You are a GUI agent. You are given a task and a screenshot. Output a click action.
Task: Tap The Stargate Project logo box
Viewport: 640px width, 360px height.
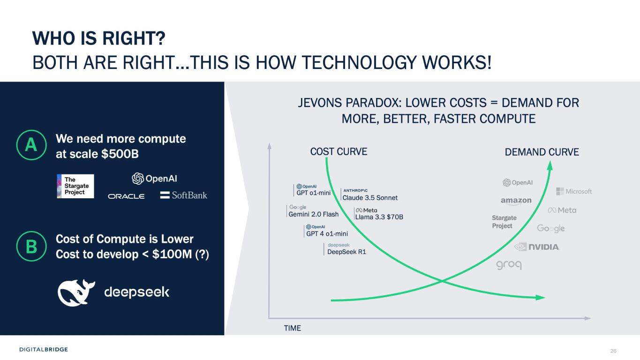(x=75, y=186)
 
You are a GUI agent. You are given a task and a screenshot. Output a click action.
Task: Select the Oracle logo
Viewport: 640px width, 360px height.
(x=126, y=196)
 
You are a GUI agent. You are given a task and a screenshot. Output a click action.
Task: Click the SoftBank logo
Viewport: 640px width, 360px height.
(x=183, y=195)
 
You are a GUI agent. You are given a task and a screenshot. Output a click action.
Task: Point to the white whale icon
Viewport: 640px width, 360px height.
(x=76, y=292)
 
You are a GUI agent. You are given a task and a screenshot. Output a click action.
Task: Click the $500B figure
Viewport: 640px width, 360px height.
(x=120, y=154)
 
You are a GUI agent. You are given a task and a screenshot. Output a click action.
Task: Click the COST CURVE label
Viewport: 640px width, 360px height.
(x=339, y=151)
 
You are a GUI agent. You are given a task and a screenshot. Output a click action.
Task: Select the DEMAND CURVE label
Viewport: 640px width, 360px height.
(x=542, y=152)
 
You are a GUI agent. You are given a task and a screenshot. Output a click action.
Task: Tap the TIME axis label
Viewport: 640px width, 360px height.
(x=292, y=328)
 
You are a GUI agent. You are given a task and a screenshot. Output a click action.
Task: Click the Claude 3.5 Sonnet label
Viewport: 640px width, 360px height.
(x=370, y=198)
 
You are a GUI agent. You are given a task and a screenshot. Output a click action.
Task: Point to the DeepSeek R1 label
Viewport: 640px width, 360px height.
(x=346, y=252)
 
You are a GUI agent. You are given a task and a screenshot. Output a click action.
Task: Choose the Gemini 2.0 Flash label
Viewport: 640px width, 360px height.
(x=313, y=214)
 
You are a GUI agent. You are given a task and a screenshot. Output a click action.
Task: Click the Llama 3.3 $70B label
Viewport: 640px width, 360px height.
(x=379, y=217)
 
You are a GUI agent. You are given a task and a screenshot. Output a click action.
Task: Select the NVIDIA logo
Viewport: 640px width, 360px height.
(x=537, y=247)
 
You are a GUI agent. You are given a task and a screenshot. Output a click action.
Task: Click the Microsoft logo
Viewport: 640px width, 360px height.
(x=574, y=191)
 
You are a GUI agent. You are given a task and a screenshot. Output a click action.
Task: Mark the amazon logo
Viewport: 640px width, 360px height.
(x=516, y=201)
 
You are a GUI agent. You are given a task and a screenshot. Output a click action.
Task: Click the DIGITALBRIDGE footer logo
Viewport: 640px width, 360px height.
(x=44, y=349)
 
